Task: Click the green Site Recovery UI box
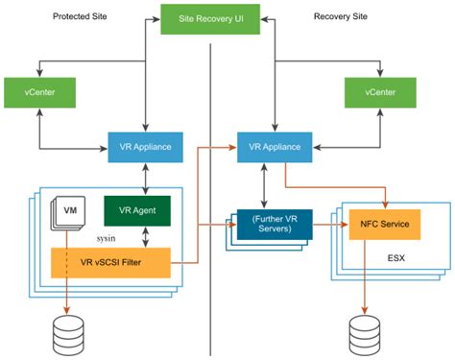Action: click(210, 18)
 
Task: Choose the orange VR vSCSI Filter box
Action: click(109, 262)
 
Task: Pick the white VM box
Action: click(69, 210)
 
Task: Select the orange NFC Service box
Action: click(385, 225)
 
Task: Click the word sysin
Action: click(106, 233)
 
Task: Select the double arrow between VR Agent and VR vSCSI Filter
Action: click(143, 236)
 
